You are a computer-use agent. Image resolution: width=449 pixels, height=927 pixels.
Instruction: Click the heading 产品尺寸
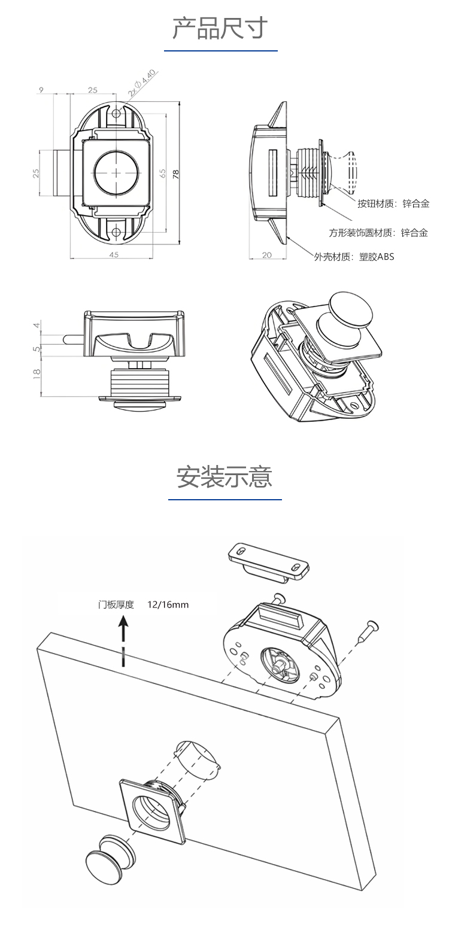click(x=220, y=28)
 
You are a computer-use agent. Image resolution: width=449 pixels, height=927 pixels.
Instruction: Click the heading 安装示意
click(x=224, y=477)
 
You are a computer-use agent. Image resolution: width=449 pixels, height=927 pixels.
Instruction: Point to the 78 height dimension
click(x=176, y=174)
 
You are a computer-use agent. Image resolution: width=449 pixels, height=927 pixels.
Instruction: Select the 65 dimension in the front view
click(x=162, y=174)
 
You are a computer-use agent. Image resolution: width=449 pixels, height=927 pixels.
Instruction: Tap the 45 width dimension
click(x=114, y=254)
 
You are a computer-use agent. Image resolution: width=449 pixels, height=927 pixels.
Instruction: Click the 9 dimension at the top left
click(x=41, y=90)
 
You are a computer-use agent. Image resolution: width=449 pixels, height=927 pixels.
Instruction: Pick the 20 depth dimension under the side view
click(x=267, y=254)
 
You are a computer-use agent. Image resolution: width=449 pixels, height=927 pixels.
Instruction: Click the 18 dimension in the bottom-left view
click(x=37, y=373)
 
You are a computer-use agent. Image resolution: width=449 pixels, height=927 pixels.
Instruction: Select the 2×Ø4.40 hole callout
click(x=142, y=83)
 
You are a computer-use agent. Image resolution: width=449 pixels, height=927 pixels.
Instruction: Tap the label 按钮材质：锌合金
click(x=393, y=203)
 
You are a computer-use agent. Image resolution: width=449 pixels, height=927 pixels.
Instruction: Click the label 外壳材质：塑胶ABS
click(x=354, y=257)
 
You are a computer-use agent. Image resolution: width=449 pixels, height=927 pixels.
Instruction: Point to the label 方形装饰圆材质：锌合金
click(x=378, y=233)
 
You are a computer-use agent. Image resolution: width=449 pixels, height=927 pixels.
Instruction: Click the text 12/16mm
click(x=168, y=604)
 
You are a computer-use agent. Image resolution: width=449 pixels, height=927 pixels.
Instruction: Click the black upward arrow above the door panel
click(x=123, y=631)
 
